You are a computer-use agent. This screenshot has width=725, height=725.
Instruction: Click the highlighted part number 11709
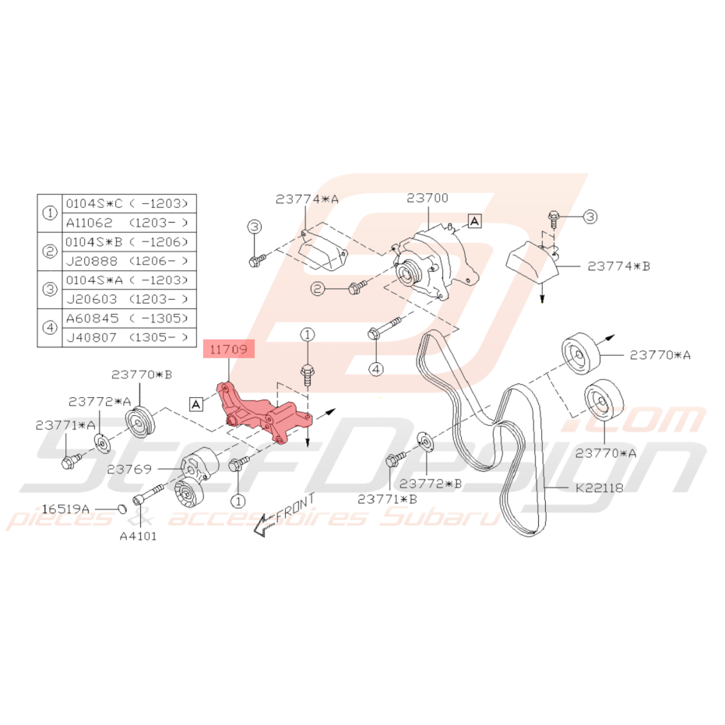coord(228,349)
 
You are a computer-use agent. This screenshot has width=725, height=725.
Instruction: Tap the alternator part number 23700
coord(428,198)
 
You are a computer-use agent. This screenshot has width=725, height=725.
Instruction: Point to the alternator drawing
coord(433,264)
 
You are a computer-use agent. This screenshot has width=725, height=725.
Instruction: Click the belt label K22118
coord(600,487)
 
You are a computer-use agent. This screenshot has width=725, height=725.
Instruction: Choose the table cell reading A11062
coord(90,223)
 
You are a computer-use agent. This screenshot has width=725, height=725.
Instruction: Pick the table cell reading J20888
coord(92,261)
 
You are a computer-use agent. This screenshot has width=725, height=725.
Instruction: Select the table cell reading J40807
coord(92,337)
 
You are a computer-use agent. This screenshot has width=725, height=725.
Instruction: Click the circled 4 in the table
coord(50,328)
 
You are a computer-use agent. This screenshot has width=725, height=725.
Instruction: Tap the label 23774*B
coord(618,266)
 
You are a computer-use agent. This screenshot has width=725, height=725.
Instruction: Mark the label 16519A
coord(65,509)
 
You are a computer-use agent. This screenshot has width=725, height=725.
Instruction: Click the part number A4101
coord(139,537)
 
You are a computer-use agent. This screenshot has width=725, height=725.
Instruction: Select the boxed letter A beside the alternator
coord(474,221)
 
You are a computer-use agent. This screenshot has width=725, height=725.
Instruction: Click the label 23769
coord(129,470)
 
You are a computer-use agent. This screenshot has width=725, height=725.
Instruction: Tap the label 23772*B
coord(431,484)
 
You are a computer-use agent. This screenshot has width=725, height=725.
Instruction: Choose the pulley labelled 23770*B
coord(140,421)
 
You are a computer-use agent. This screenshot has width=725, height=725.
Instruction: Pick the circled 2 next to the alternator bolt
coord(318,290)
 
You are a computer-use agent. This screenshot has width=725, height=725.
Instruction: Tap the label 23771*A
coord(65,425)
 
